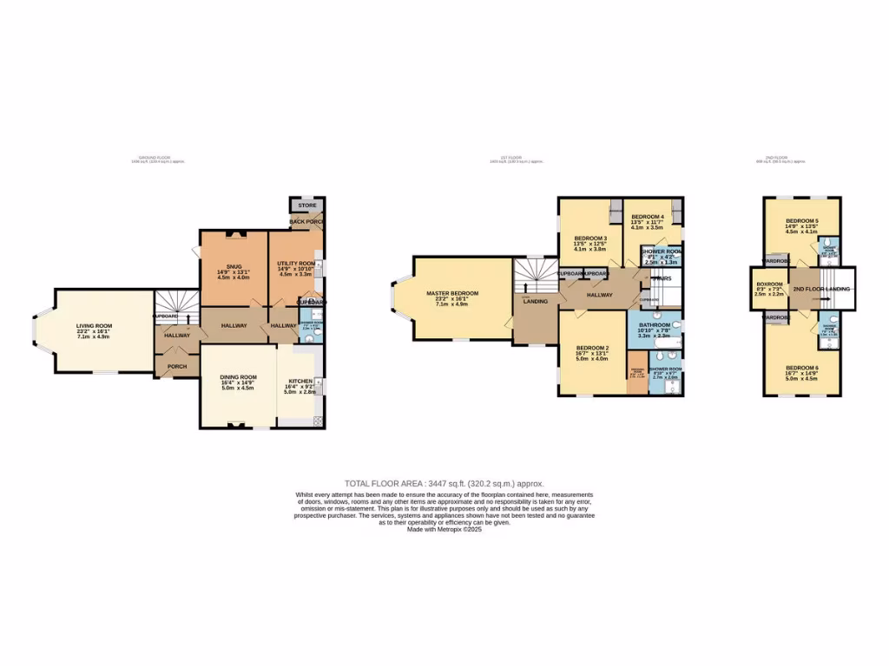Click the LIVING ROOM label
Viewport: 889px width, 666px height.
[94, 326]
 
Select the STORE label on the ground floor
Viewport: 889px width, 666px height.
[305, 206]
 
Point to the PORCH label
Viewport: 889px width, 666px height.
[177, 366]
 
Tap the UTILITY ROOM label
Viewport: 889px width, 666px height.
[295, 263]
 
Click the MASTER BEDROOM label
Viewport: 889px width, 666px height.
[452, 293]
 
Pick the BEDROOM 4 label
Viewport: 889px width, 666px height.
[647, 217]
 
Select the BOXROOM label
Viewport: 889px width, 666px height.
[768, 284]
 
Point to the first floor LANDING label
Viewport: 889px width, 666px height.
[534, 302]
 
